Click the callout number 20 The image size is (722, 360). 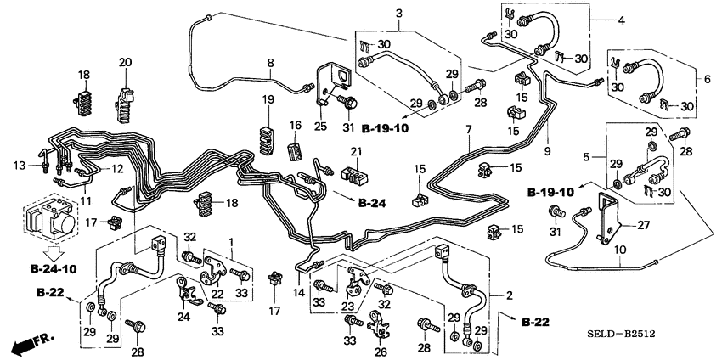pyautogui.click(x=125, y=62)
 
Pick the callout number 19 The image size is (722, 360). pyautogui.click(x=268, y=101)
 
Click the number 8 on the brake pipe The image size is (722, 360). pyautogui.click(x=270, y=63)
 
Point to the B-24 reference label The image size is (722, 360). pyautogui.click(x=372, y=204)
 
